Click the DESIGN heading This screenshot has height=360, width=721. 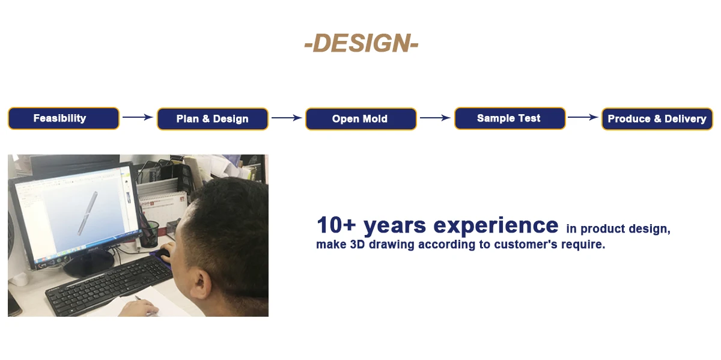(361, 43)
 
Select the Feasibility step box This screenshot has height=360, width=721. (64, 118)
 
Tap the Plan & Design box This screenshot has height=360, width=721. (213, 119)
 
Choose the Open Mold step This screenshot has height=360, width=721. (361, 119)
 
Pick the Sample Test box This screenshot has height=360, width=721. (510, 118)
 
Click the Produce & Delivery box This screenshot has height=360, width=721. (657, 119)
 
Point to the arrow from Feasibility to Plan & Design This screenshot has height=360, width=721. (138, 117)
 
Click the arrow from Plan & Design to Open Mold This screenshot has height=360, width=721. (287, 118)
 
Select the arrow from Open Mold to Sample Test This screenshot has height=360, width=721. (435, 118)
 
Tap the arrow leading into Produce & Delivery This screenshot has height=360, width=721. (583, 117)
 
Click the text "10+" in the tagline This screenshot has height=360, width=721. (336, 225)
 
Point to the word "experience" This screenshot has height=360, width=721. (496, 226)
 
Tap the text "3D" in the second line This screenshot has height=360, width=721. (357, 245)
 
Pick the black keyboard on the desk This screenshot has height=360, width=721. (109, 285)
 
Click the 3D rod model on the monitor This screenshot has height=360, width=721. (88, 213)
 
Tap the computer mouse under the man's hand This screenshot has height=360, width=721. (163, 255)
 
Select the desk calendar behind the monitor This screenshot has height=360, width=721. (164, 209)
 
